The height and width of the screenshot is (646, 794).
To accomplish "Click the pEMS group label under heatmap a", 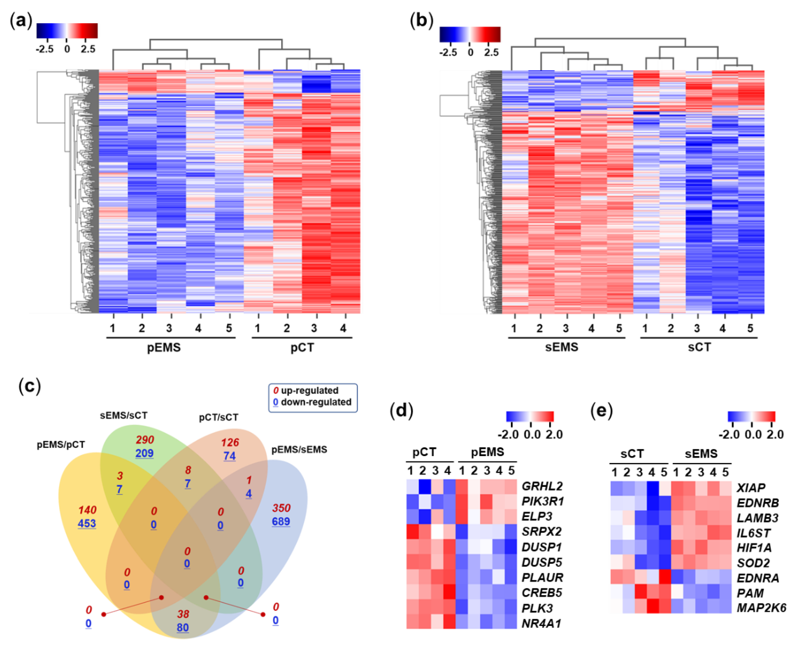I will (164, 347).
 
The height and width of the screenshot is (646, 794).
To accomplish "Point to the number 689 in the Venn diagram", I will (281, 521).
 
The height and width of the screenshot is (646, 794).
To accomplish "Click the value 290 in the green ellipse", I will (145, 440).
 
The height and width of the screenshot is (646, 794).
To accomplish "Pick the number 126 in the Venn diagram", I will (230, 442).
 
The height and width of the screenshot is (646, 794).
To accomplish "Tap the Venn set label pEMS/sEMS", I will (299, 450).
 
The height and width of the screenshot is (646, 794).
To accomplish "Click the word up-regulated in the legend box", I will (309, 390).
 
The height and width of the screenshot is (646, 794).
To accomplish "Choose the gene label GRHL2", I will (542, 486).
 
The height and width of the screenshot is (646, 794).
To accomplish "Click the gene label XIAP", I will (751, 488).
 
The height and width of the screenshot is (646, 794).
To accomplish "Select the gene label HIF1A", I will (754, 548).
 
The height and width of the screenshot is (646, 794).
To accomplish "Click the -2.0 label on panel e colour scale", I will (729, 434).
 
